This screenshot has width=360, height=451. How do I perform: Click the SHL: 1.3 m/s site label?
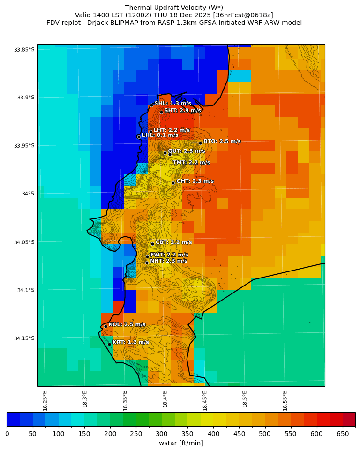(x=172, y=103)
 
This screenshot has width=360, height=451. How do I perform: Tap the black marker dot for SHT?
(x=161, y=112)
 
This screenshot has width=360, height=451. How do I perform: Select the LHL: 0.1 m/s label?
(x=160, y=135)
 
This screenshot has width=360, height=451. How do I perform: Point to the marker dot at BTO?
(x=200, y=143)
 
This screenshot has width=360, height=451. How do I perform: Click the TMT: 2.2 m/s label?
(x=191, y=162)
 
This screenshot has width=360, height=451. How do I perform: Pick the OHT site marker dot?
(x=173, y=183)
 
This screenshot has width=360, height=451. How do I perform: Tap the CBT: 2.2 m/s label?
(x=173, y=242)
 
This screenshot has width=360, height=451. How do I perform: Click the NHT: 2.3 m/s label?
(x=168, y=261)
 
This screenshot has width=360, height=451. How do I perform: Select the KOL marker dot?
(x=105, y=326)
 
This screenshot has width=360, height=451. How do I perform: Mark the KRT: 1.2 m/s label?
(x=130, y=342)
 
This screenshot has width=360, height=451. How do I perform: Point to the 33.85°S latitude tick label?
(x=24, y=50)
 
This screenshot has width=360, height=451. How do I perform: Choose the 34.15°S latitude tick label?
(x=24, y=338)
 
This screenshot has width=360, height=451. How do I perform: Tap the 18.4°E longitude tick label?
(x=165, y=400)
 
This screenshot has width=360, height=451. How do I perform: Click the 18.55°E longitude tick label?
(x=285, y=400)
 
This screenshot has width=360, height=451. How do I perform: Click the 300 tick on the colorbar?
(x=162, y=434)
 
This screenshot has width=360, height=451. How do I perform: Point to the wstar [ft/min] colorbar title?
(x=181, y=443)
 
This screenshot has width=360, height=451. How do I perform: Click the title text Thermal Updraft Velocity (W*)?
(x=174, y=8)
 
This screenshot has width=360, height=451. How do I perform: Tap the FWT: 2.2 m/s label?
(x=169, y=255)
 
